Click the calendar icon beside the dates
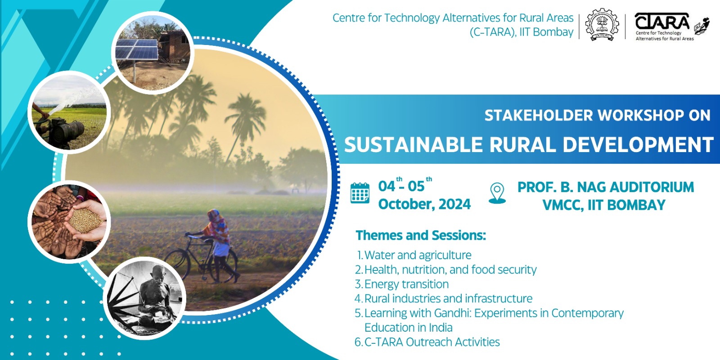(x=360, y=193)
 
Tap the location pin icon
(x=497, y=193)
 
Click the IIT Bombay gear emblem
(x=602, y=25)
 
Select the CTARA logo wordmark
(x=662, y=22)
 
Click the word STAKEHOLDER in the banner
(x=538, y=115)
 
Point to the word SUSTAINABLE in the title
(x=414, y=144)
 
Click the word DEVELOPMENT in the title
(x=638, y=144)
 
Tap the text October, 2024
(x=424, y=204)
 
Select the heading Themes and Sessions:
(x=421, y=235)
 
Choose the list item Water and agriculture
(x=418, y=255)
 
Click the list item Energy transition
(x=407, y=284)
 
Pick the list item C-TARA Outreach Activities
(x=432, y=342)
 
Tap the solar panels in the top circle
(x=137, y=49)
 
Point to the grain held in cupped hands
(x=85, y=220)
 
